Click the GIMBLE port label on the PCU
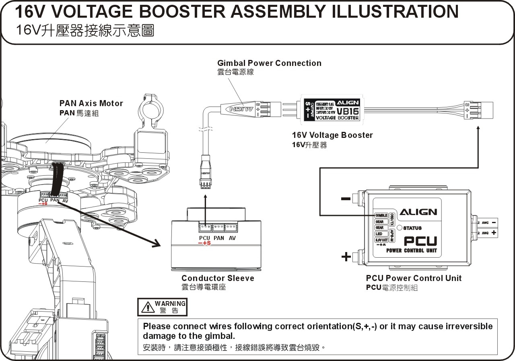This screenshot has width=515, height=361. coord(381,215)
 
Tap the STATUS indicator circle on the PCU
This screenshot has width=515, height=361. coord(400,228)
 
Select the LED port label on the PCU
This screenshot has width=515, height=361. coord(379,234)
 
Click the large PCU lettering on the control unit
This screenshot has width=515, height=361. coord(420,241)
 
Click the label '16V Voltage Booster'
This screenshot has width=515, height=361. coord(332,135)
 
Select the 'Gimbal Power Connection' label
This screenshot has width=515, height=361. coord(269,63)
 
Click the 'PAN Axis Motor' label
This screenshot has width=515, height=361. coord(91,103)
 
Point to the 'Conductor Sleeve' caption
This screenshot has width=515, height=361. coord(218,278)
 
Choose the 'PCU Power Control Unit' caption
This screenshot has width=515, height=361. coord(414,278)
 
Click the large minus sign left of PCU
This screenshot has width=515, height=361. coord(345,199)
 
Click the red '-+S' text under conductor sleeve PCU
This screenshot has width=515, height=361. coord(204,243)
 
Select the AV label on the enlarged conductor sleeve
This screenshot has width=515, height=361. coord(232,238)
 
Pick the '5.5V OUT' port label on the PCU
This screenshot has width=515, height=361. coord(381,240)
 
